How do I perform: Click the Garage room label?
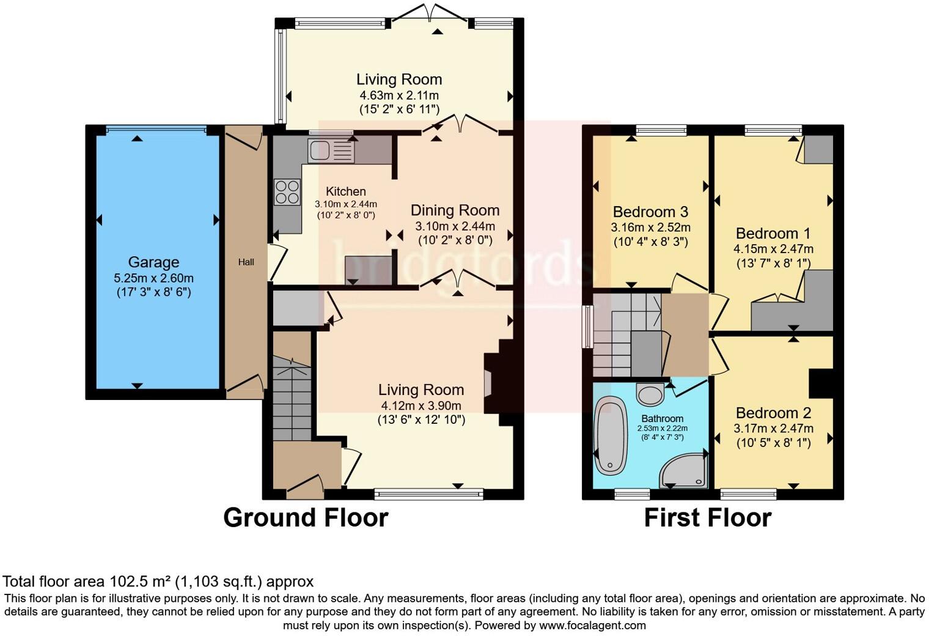[x=153, y=262]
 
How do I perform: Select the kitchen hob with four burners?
[x=287, y=192]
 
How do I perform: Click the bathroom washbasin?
[x=650, y=394]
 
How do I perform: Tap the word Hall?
[x=246, y=262]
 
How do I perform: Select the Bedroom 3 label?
[x=650, y=212]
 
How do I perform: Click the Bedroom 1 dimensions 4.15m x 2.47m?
[x=773, y=249]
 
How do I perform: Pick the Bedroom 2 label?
[x=773, y=413]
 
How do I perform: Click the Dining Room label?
[x=455, y=210]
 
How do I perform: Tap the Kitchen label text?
[x=345, y=191]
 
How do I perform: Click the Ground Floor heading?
[x=306, y=517]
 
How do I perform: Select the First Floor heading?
[x=707, y=517]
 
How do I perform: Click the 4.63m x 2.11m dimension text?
[x=399, y=95]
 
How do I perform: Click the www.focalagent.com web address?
[x=592, y=625]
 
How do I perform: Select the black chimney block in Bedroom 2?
[x=821, y=383]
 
